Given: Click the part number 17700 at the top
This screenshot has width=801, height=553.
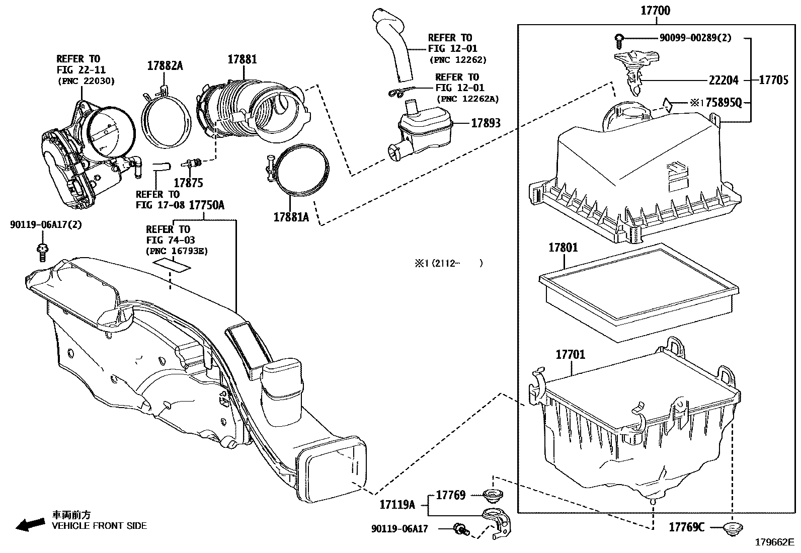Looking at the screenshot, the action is click(656, 11).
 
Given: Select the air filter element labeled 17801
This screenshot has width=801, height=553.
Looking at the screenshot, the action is click(639, 292).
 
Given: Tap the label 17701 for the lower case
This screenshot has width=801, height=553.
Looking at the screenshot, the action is click(571, 354).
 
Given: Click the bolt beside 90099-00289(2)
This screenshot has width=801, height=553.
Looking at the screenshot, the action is click(619, 41).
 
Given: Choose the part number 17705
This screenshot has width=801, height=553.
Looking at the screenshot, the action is click(773, 80).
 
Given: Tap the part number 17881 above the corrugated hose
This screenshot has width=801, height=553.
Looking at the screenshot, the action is click(243, 59).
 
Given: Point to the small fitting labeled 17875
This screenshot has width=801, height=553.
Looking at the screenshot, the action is click(192, 163).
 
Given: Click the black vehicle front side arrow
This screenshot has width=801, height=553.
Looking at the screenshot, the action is click(30, 525).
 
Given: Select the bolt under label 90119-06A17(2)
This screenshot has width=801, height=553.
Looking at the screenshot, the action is click(43, 253).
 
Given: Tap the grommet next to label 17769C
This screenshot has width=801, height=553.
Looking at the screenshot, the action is click(733, 528).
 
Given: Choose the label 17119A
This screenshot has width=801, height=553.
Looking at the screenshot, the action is click(397, 505).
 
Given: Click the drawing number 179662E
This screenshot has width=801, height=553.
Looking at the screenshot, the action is click(774, 542).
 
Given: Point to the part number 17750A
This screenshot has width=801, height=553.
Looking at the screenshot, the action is click(207, 205).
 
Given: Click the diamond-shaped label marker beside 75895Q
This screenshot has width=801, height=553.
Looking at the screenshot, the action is click(668, 105).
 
